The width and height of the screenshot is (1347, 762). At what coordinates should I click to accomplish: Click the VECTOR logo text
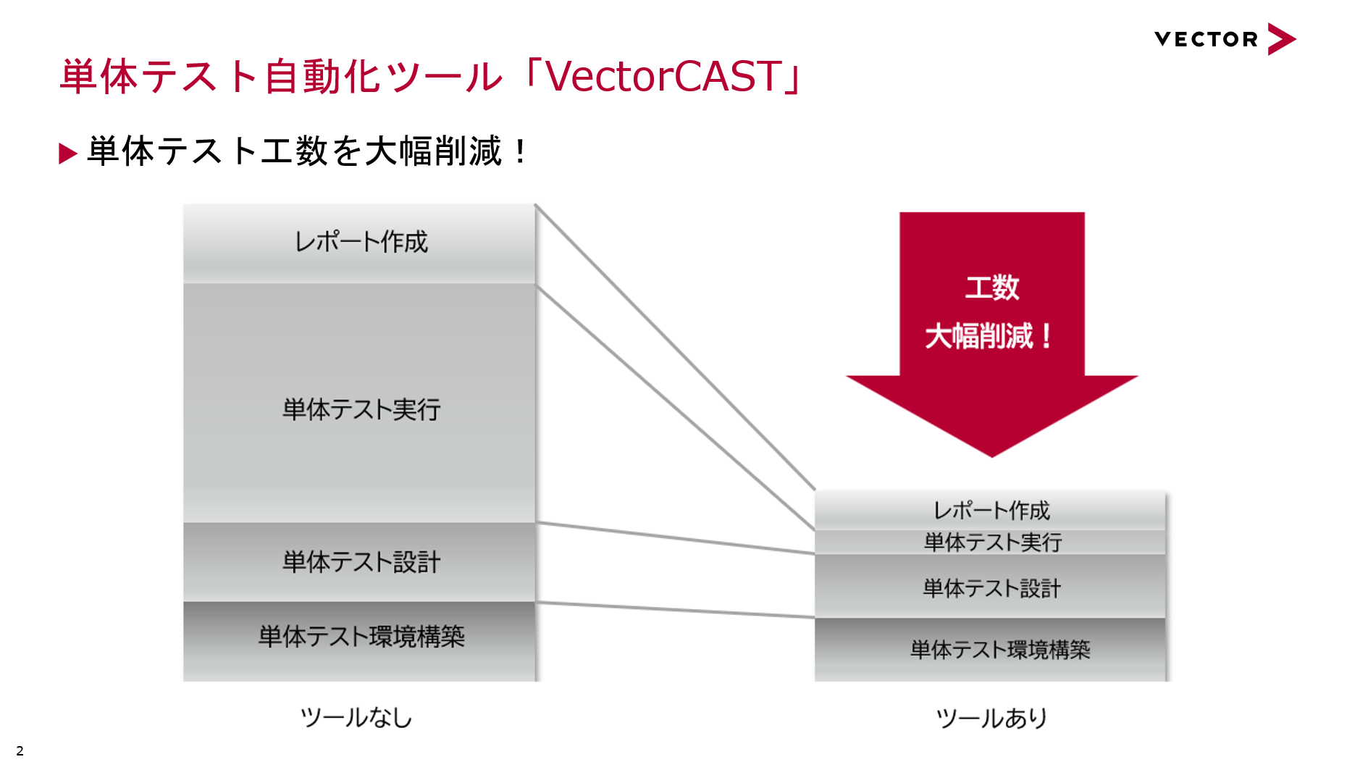(1206, 39)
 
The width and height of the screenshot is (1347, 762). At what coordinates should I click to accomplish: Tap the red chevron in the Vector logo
(1281, 39)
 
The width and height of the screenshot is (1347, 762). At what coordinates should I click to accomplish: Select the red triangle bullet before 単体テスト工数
(68, 154)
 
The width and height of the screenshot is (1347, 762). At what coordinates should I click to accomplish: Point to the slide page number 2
(20, 750)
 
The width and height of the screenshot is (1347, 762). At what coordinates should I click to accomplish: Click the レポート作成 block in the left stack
(359, 243)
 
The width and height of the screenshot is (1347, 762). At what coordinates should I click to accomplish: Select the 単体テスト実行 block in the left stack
(359, 403)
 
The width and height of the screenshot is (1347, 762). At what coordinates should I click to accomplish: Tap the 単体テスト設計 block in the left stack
(359, 562)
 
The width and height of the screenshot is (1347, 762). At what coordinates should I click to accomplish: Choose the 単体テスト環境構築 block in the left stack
(359, 642)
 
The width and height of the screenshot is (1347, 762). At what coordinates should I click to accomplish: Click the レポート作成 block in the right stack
(990, 511)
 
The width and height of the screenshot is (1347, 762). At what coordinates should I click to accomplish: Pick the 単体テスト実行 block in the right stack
(990, 543)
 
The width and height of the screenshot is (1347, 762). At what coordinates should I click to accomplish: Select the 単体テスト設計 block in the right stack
(990, 587)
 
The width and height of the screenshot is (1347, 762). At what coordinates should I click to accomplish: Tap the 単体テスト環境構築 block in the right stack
(990, 650)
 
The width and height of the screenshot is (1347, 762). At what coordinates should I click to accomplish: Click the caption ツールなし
(356, 718)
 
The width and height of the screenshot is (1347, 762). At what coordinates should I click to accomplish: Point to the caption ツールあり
(991, 719)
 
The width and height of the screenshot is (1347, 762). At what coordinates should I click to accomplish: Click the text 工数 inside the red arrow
(992, 288)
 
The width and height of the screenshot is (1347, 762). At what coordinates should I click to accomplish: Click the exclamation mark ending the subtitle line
(521, 151)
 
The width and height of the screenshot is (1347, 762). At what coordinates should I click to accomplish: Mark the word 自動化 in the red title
(322, 76)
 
